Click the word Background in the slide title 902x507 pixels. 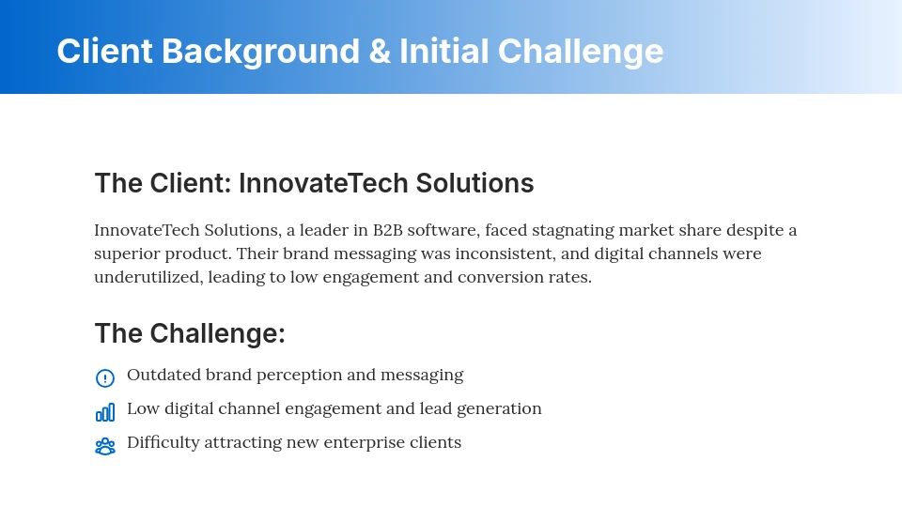coord(260,51)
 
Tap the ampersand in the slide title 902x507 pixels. coord(380,51)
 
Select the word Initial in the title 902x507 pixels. coord(443,51)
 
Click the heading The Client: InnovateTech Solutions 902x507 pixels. coord(314,183)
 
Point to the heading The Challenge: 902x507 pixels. coord(190,333)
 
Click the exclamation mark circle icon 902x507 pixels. coord(105,378)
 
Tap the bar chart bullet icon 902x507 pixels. coord(105,412)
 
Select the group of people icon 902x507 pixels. coord(105,447)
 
